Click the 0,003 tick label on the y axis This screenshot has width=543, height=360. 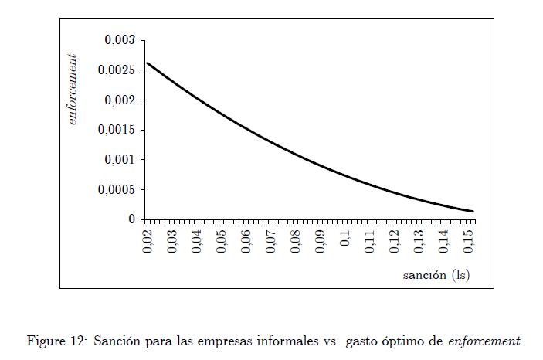click(120, 40)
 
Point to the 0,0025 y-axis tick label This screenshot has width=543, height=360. click(117, 70)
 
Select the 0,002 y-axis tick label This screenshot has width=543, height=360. click(120, 100)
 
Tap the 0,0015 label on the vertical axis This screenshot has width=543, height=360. click(117, 130)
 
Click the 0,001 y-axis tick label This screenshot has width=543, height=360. click(120, 160)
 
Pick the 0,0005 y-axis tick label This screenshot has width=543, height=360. click(117, 190)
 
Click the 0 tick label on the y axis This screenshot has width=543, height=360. click(132, 220)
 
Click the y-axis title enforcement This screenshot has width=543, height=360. click(73, 89)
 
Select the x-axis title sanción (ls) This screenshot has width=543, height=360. click(436, 275)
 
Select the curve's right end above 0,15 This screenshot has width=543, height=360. click(473, 212)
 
